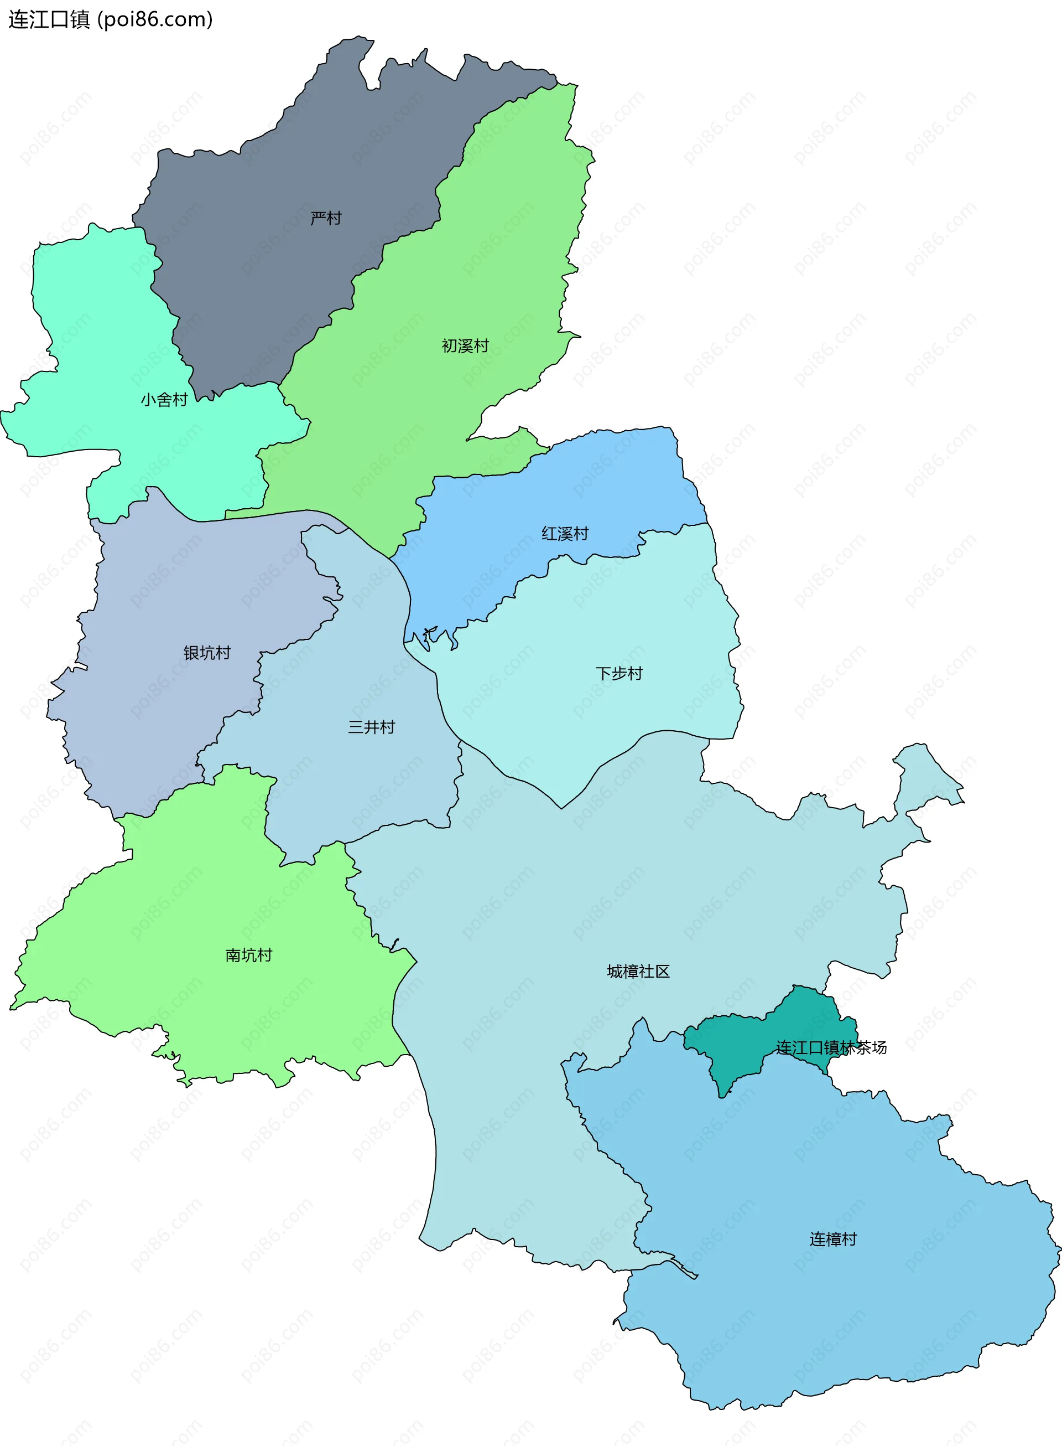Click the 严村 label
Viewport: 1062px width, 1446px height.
tap(326, 218)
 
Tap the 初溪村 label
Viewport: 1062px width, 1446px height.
tap(465, 346)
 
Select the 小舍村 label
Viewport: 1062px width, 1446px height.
tap(164, 400)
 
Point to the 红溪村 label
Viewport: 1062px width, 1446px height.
tap(564, 533)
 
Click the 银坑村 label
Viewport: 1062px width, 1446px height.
tap(206, 653)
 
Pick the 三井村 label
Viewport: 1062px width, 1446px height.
tap(371, 727)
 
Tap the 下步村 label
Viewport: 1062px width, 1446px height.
tap(618, 674)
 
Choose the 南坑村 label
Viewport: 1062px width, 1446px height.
tap(248, 955)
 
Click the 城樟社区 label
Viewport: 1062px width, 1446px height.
tap(638, 972)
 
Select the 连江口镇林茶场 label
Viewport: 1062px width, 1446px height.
tap(831, 1048)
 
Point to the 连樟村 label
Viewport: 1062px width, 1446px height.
tap(832, 1239)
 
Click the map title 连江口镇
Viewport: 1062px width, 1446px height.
tap(49, 19)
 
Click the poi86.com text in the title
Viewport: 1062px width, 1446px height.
tap(155, 19)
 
